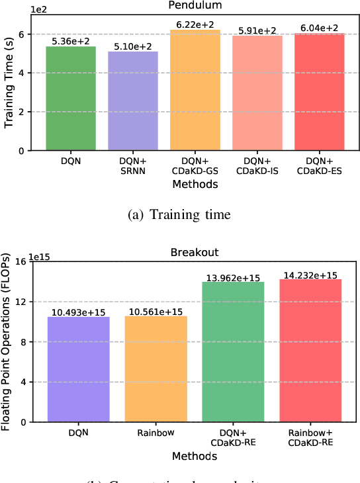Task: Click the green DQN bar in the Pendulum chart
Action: pyautogui.click(x=70, y=99)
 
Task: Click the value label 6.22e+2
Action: pyautogui.click(x=195, y=24)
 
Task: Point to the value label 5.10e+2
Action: pyautogui.click(x=133, y=46)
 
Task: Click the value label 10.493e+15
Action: pyautogui.click(x=77, y=312)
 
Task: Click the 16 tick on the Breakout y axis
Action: pyautogui.click(x=21, y=261)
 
